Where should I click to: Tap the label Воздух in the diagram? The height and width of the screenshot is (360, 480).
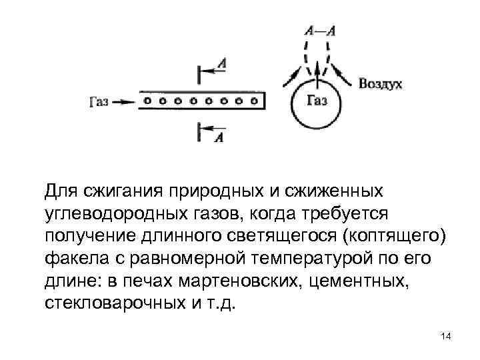pyautogui.click(x=380, y=85)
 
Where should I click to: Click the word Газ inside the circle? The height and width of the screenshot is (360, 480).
pyautogui.click(x=317, y=101)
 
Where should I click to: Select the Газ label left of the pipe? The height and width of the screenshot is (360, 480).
pyautogui.click(x=99, y=102)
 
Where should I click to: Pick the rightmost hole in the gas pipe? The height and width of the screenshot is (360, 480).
pyautogui.click(x=254, y=101)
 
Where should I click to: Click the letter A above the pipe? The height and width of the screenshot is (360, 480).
pyautogui.click(x=222, y=63)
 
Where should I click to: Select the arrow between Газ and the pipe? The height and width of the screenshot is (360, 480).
pyautogui.click(x=124, y=102)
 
